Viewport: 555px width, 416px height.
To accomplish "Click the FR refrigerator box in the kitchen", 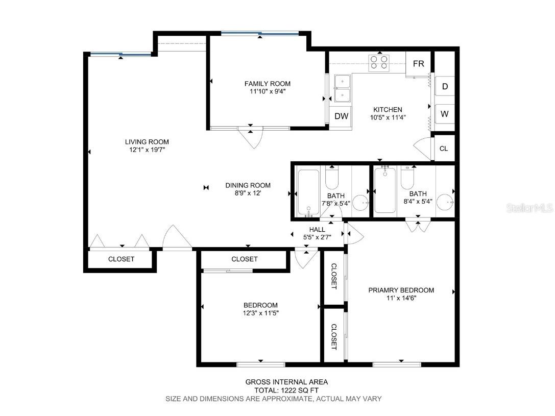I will (418, 64).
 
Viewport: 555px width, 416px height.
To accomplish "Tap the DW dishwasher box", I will (341, 116).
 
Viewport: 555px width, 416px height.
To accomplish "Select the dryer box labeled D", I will (445, 87).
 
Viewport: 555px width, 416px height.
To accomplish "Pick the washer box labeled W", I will (444, 114).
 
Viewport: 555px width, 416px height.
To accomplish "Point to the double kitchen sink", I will (342, 88).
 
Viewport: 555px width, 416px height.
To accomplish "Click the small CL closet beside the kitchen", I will (443, 149).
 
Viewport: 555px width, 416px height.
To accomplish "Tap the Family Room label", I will (267, 84).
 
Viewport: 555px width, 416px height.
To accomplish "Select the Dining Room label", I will (248, 185).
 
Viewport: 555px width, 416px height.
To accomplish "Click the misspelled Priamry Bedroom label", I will (401, 290).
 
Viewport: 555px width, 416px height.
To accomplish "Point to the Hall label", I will (317, 230).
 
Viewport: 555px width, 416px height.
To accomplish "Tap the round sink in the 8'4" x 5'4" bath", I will (445, 203).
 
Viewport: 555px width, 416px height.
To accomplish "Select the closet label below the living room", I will (121, 259).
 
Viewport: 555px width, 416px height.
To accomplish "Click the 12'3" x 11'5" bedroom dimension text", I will (260, 313).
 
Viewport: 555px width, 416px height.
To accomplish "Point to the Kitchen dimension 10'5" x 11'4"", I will (388, 117).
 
